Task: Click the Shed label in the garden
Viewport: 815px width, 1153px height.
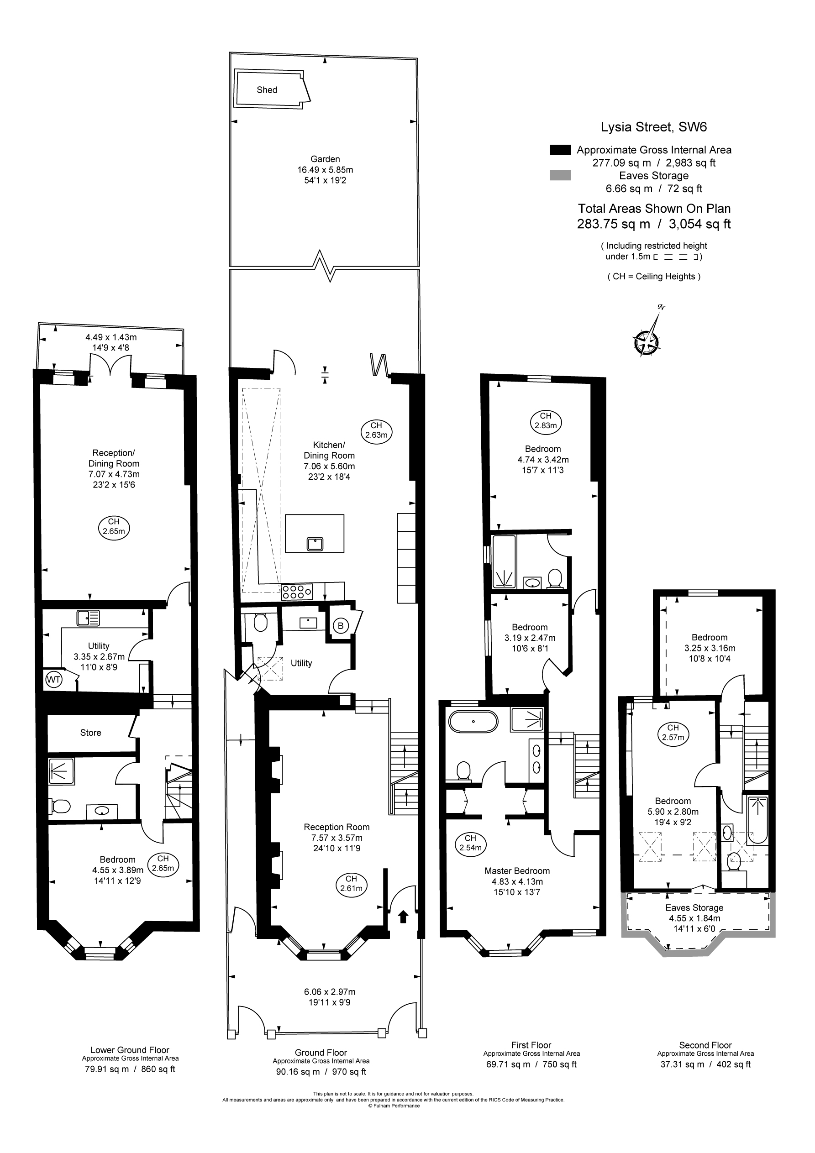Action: coord(267,90)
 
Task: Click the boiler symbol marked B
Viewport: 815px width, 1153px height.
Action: coord(341,626)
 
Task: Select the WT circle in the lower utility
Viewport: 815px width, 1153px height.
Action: coord(53,680)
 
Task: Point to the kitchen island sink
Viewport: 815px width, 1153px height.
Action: coord(315,543)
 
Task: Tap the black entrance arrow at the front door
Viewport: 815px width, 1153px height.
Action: coord(403,917)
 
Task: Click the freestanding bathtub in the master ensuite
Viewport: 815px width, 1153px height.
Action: coord(473,722)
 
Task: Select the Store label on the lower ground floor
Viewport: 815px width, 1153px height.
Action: coord(90,733)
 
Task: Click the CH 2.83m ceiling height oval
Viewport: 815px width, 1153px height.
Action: coord(546,421)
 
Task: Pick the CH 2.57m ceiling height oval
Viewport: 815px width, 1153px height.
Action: coord(673,733)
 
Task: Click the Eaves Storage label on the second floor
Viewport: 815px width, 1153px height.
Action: coord(694,907)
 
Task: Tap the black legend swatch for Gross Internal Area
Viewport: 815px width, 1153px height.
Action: coord(560,150)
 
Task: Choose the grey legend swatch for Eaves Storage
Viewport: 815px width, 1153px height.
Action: coord(560,175)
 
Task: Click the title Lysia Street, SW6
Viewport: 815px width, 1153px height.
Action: coord(654,126)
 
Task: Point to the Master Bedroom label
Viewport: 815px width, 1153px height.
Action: coord(517,871)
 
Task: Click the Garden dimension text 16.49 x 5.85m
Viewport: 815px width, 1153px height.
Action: coord(325,170)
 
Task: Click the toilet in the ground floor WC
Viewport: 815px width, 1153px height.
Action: coord(260,623)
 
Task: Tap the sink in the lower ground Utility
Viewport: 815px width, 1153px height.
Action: coord(89,618)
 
